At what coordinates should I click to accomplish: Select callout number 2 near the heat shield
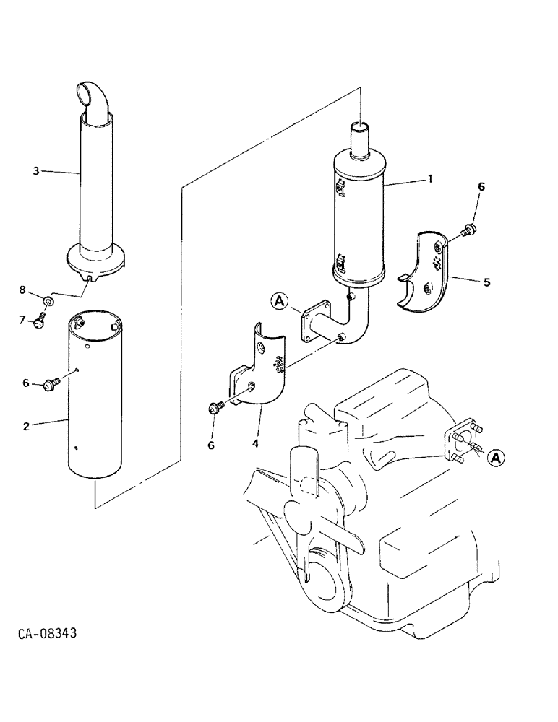pos(27,426)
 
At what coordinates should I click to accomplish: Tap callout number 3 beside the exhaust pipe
pos(35,170)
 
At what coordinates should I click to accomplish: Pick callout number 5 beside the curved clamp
pos(486,282)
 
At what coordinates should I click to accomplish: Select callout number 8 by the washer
pos(22,290)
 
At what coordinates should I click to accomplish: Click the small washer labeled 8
pos(47,299)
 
